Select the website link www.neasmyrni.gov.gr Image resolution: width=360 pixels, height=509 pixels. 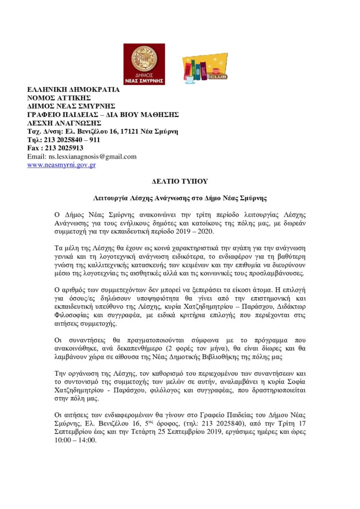pos(61,165)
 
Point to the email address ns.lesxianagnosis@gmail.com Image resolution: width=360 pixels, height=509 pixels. pos(82,157)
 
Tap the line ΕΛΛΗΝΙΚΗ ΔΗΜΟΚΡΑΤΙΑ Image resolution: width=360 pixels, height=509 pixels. pos(73,89)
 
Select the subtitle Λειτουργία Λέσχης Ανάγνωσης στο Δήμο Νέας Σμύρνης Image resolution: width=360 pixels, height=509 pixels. pos(180,198)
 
